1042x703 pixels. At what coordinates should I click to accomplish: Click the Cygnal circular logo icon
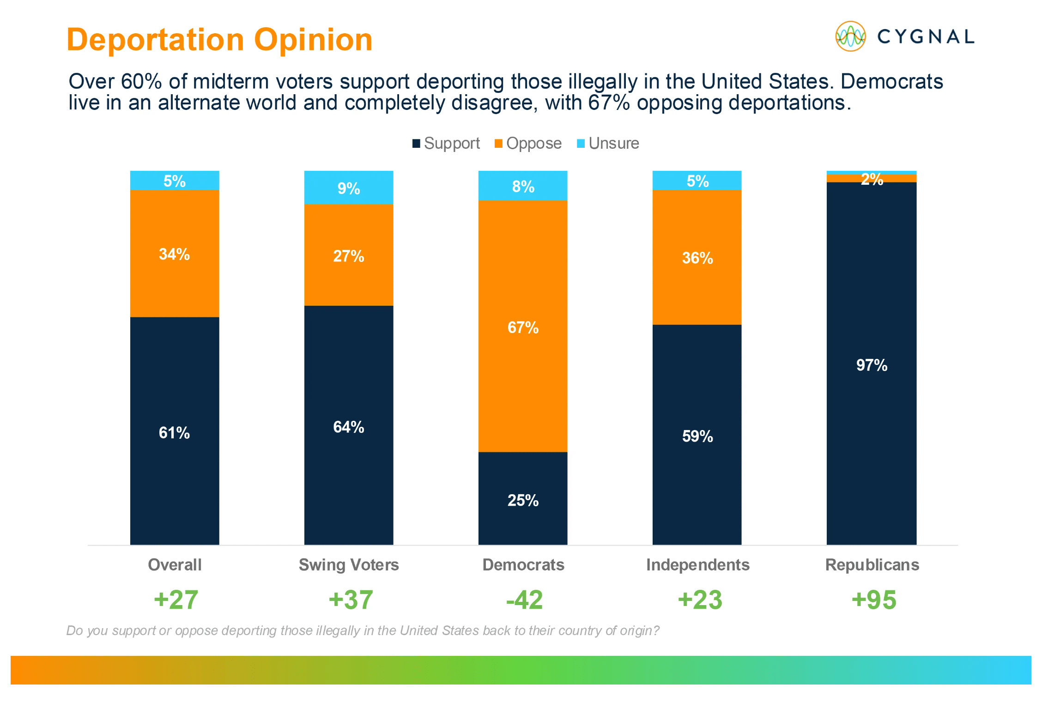(850, 36)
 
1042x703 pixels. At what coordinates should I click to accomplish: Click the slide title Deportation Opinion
(219, 40)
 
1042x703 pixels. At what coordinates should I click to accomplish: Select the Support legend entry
(446, 143)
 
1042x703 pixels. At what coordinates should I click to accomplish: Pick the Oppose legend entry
(528, 143)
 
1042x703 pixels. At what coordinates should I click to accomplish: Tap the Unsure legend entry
(608, 143)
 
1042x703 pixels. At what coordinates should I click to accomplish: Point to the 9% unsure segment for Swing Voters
(349, 188)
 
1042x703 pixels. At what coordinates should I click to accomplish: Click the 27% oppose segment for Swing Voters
(349, 255)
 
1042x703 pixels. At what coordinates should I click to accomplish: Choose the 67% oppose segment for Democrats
(523, 326)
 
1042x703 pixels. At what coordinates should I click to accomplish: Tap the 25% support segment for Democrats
(523, 499)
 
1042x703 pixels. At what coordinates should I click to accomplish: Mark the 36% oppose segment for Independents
(697, 257)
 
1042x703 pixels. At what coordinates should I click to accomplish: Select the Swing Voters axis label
(349, 565)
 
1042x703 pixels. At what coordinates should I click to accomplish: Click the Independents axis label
(697, 565)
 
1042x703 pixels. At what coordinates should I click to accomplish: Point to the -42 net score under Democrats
(524, 600)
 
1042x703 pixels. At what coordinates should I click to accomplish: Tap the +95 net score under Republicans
(873, 600)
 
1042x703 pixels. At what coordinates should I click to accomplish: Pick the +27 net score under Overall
(176, 600)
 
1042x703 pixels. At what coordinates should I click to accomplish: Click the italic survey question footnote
(363, 630)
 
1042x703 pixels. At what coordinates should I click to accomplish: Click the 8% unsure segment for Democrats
(523, 186)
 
